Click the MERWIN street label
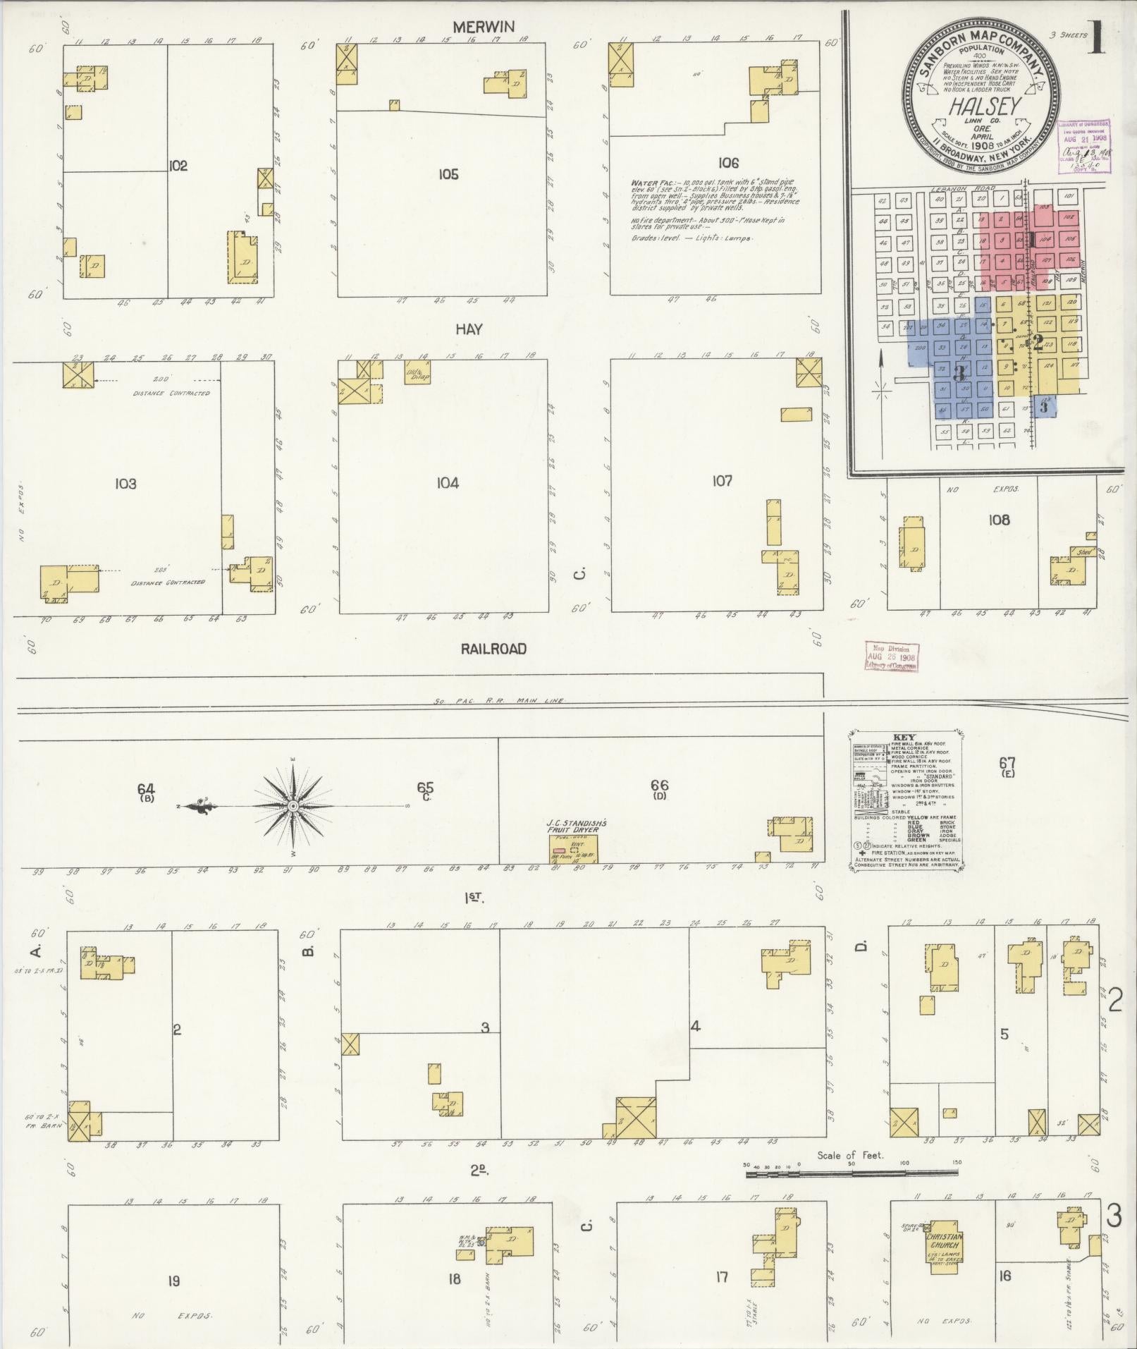(x=483, y=27)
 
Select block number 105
(x=448, y=174)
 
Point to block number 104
(x=448, y=483)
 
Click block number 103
(x=125, y=484)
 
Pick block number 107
(x=722, y=481)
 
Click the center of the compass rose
(x=293, y=806)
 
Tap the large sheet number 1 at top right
(x=1095, y=39)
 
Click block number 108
(x=999, y=520)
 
